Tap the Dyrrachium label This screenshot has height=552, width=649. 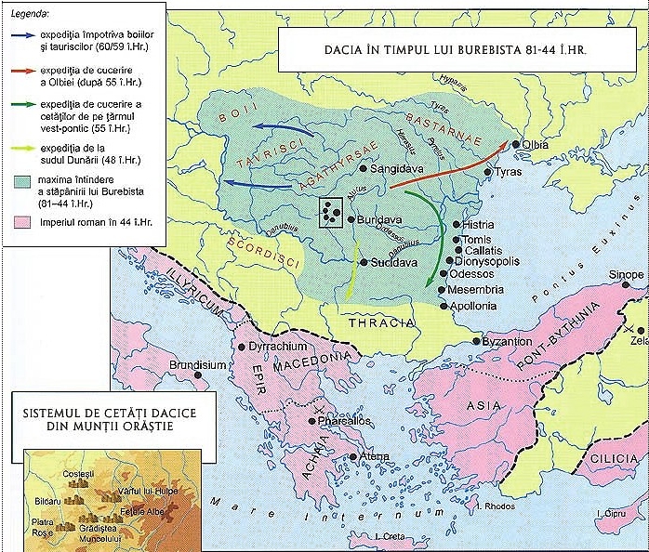point(279,347)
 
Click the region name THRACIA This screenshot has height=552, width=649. point(381,322)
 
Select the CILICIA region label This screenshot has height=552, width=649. point(620,459)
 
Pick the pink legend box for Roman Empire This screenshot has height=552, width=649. point(23,223)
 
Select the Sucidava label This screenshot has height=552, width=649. point(389,262)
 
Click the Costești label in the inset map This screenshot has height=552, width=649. point(80,474)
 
